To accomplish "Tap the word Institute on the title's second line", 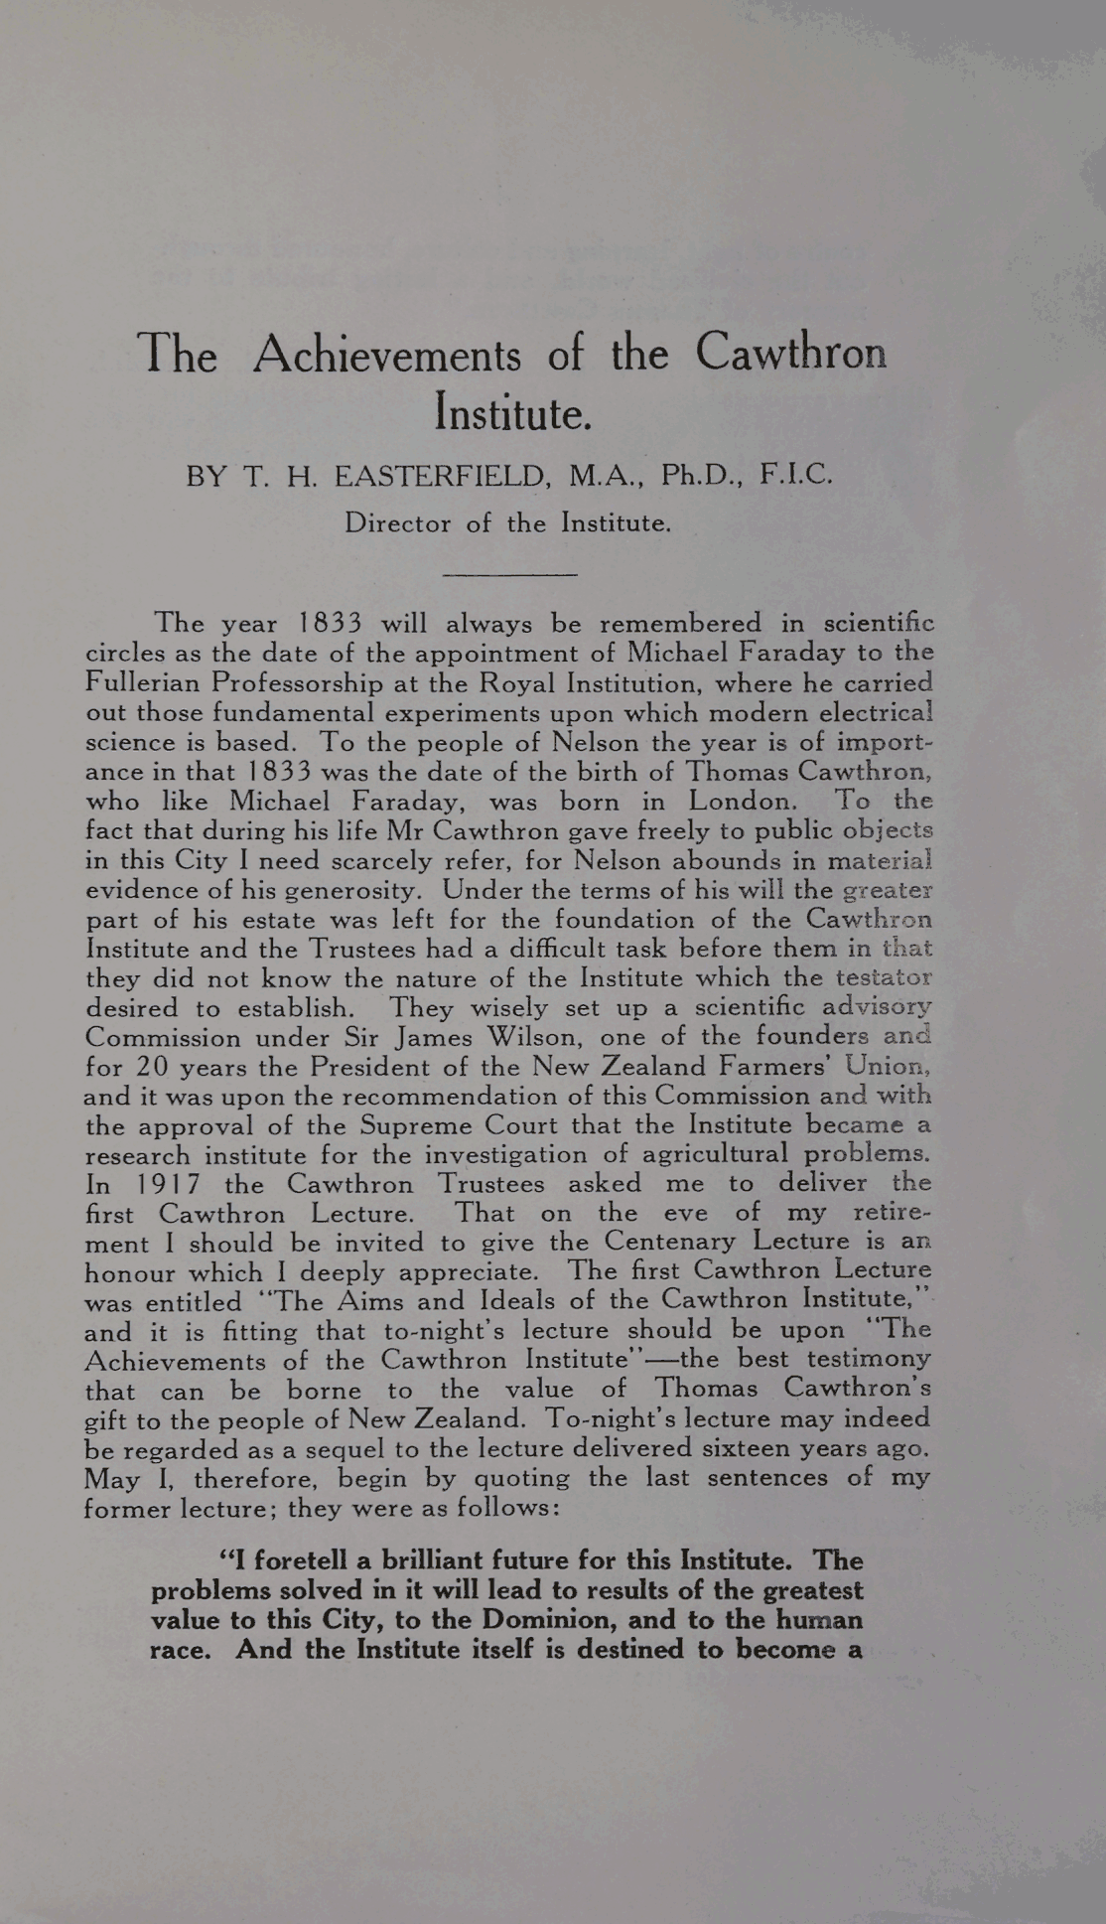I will click(x=512, y=411).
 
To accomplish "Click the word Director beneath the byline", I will click(x=397, y=522).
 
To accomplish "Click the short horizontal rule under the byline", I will click(x=509, y=574).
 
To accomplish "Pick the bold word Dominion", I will click(x=546, y=1619).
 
